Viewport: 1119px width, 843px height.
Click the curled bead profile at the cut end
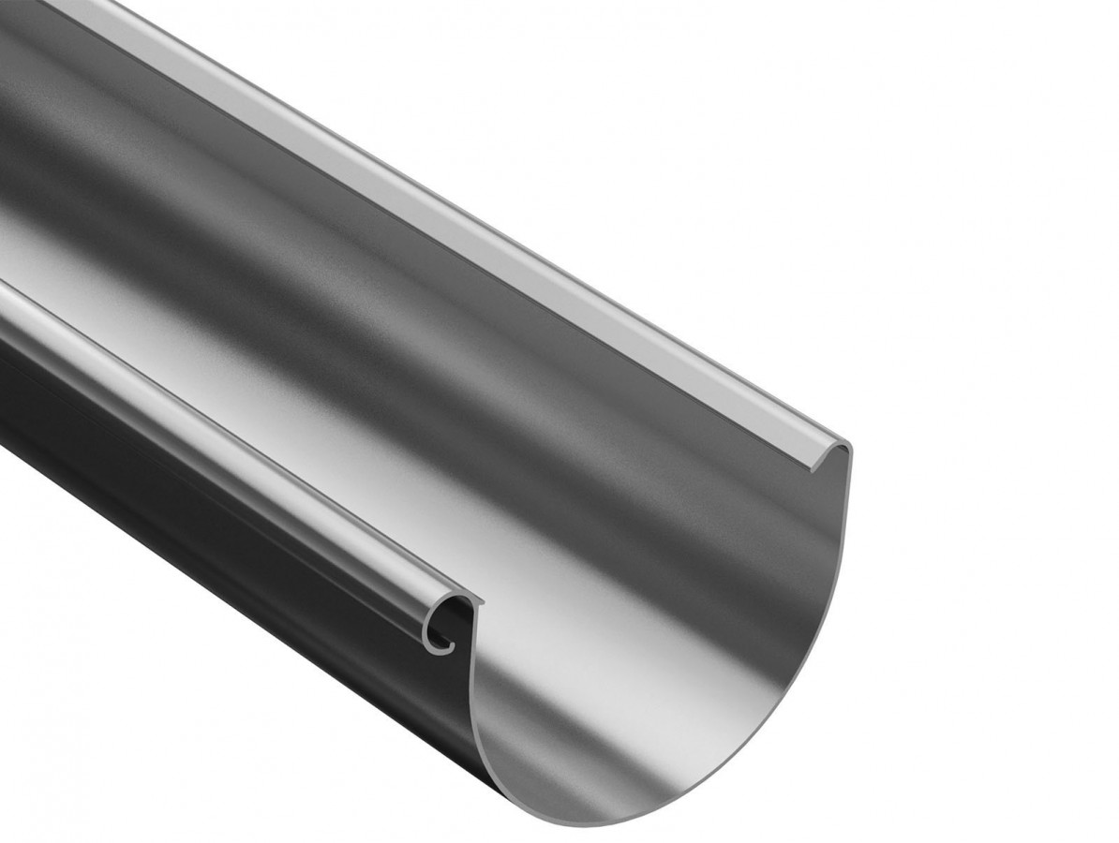[448, 621]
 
